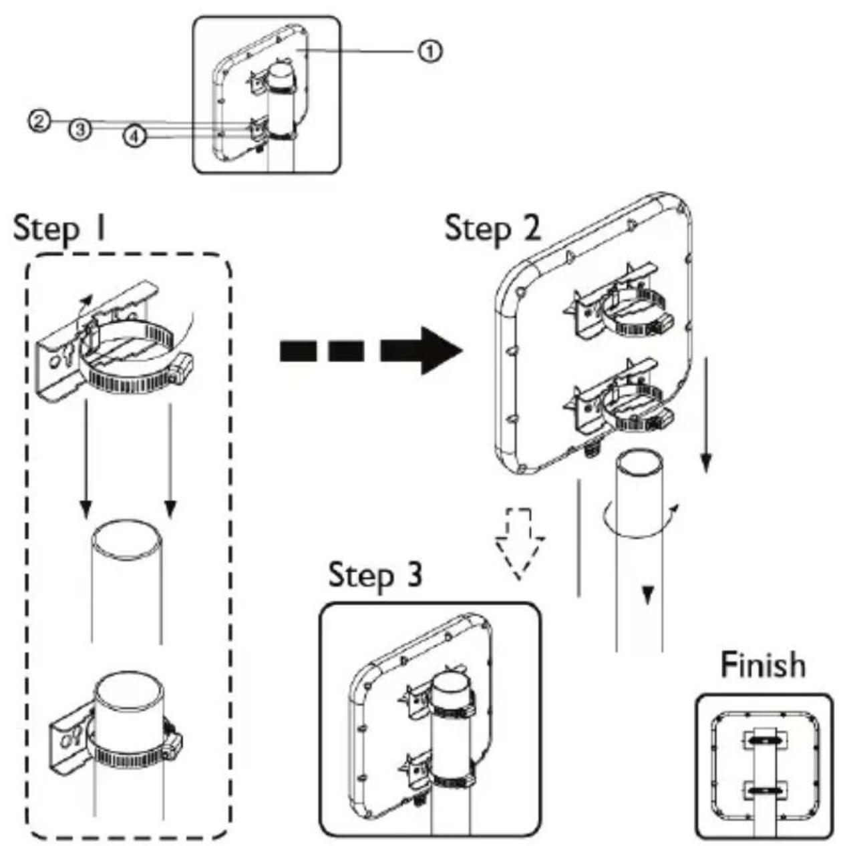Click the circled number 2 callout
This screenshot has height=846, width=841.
pyautogui.click(x=39, y=121)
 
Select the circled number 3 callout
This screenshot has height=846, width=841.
pyautogui.click(x=80, y=130)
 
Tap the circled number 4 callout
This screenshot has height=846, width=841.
pyautogui.click(x=134, y=136)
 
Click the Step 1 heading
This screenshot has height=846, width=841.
pyautogui.click(x=59, y=229)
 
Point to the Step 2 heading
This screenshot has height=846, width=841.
pyautogui.click(x=492, y=228)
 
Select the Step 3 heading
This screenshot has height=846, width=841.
pyautogui.click(x=375, y=574)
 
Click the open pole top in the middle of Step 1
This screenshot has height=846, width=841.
pyautogui.click(x=126, y=540)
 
